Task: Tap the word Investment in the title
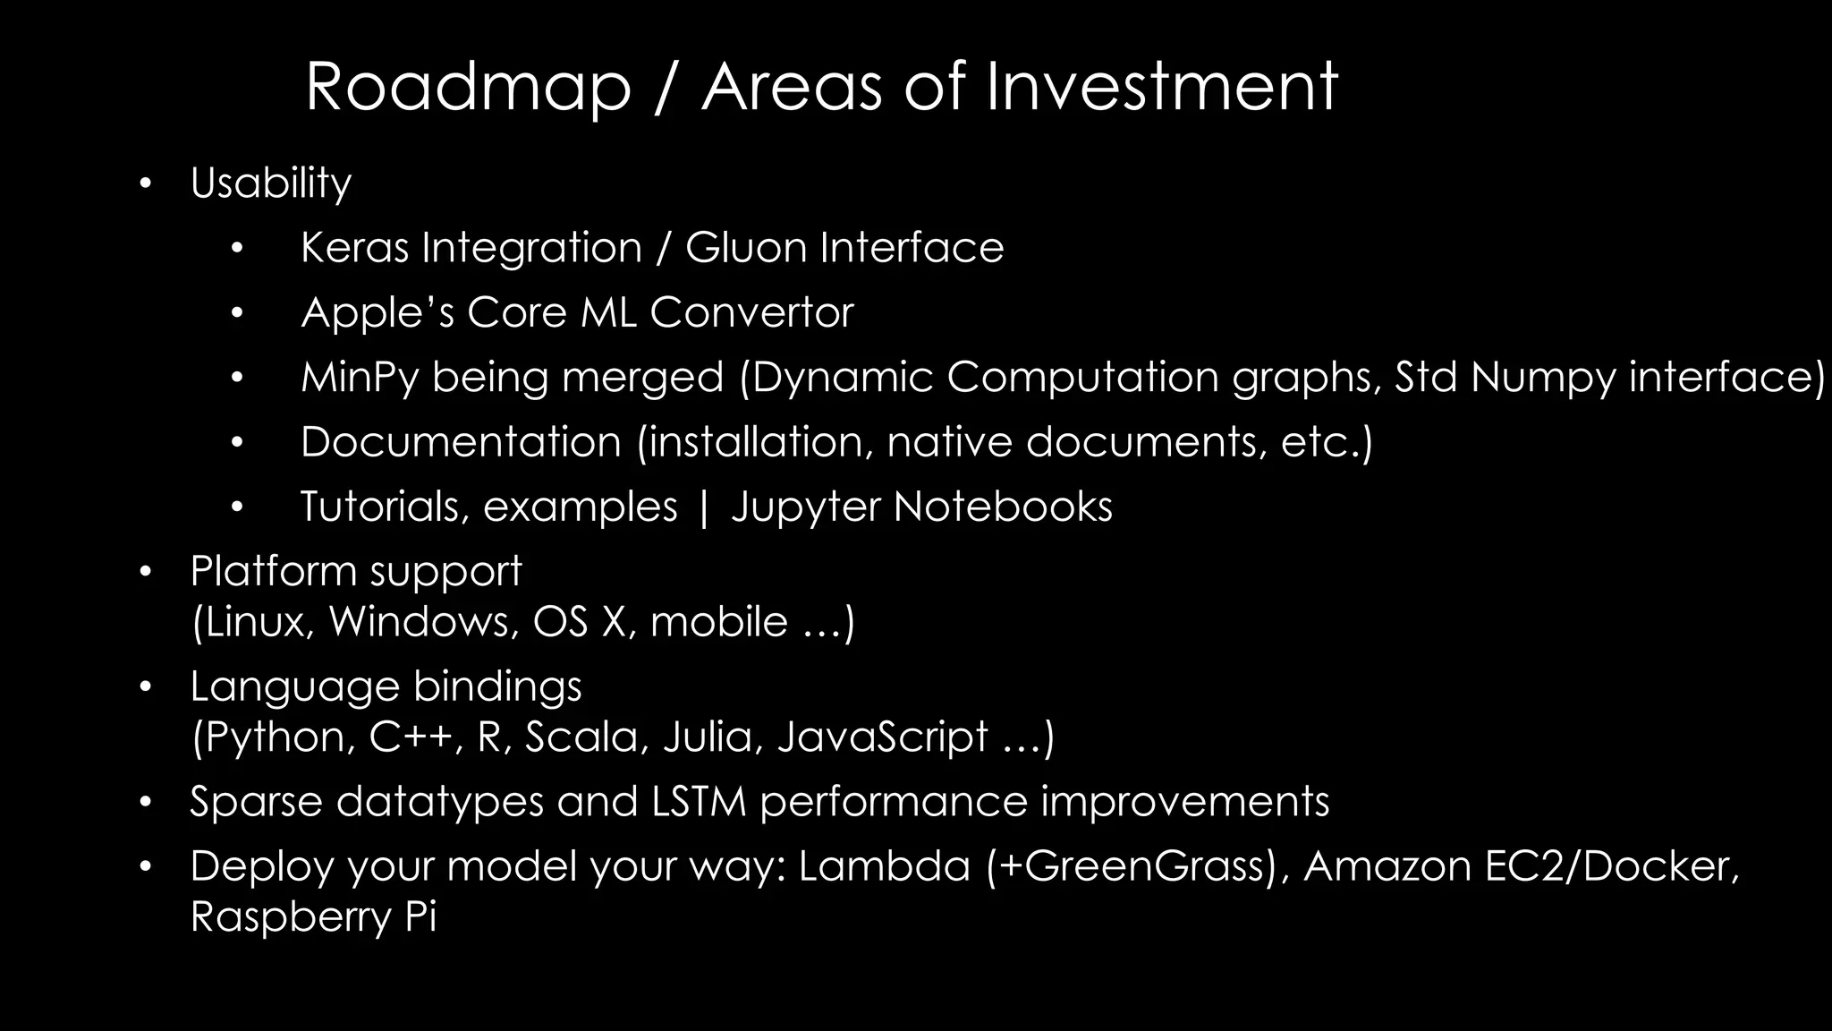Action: pyautogui.click(x=1161, y=87)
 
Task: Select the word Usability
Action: pyautogui.click(x=270, y=183)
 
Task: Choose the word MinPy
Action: pyautogui.click(x=360, y=378)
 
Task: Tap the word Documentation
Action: pyautogui.click(x=461, y=442)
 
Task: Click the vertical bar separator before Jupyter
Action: pyautogui.click(x=704, y=507)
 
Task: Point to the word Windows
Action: pyautogui.click(x=424, y=622)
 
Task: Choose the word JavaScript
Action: pyautogui.click(x=883, y=737)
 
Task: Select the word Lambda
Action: pyautogui.click(x=884, y=866)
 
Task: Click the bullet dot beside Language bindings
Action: pyautogui.click(x=146, y=687)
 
